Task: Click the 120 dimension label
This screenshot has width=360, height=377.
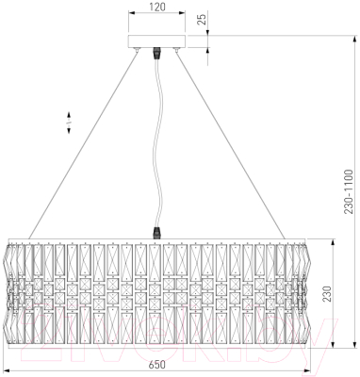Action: tap(157, 7)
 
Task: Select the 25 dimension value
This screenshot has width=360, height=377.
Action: tap(203, 20)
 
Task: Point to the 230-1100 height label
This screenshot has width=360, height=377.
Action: tap(349, 191)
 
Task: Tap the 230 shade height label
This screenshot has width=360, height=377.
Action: tap(327, 293)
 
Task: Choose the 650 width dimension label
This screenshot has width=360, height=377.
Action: tap(156, 365)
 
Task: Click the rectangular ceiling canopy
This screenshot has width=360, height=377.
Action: tap(156, 41)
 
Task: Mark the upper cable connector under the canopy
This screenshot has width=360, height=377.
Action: tap(156, 54)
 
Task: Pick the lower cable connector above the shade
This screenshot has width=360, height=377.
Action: tap(157, 233)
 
